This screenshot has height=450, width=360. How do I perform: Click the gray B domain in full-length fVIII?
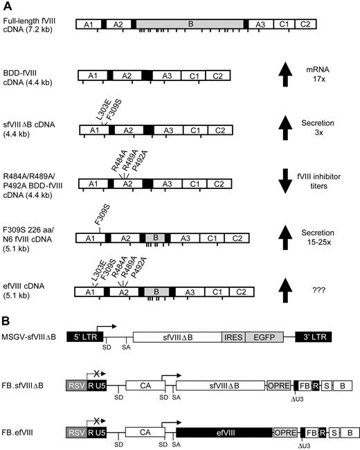click(x=191, y=24)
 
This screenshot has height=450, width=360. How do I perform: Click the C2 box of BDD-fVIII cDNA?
click(x=217, y=75)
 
